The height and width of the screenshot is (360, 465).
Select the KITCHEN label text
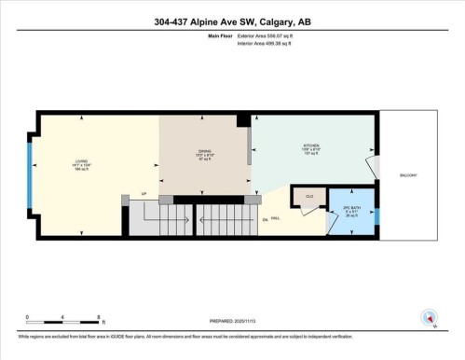311,146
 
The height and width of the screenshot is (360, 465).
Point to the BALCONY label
408,174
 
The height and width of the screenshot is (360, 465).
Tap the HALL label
277,218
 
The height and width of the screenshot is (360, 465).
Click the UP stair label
143,193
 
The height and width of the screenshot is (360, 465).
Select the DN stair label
265,218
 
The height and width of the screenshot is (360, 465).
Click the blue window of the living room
30,173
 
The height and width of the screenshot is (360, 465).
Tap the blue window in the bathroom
377,216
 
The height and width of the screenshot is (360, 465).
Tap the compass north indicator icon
429,316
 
